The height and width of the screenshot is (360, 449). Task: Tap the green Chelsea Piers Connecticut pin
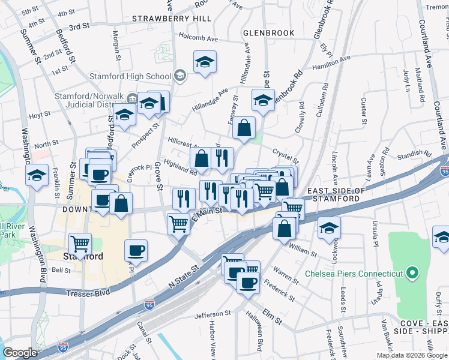[x=412, y=274]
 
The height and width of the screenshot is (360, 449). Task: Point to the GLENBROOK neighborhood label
[x=269, y=32]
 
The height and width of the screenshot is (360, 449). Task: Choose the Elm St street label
[x=271, y=320]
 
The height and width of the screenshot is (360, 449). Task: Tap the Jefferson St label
[x=212, y=314]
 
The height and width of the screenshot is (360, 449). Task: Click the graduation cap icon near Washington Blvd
[x=37, y=176]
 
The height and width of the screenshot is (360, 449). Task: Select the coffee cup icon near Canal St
[x=136, y=250]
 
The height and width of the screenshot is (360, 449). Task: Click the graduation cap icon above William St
[x=329, y=228]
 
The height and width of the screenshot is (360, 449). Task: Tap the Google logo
[x=20, y=353]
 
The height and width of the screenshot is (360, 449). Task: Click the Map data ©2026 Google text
[x=412, y=355]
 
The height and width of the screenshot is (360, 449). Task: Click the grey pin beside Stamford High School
[x=180, y=76]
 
